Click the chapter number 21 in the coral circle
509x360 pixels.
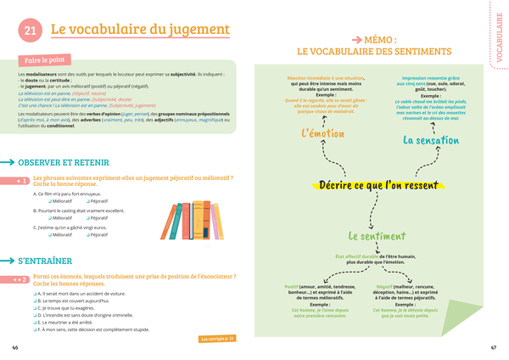(x=29, y=31)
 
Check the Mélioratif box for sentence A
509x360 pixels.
(x=50, y=200)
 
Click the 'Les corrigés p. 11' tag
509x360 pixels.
(x=218, y=339)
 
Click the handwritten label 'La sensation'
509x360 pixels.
(x=431, y=140)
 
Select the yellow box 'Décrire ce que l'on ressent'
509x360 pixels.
(x=376, y=184)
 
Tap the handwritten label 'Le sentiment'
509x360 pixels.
(x=376, y=236)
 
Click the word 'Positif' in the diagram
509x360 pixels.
(x=292, y=287)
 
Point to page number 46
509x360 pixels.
(x=14, y=347)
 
